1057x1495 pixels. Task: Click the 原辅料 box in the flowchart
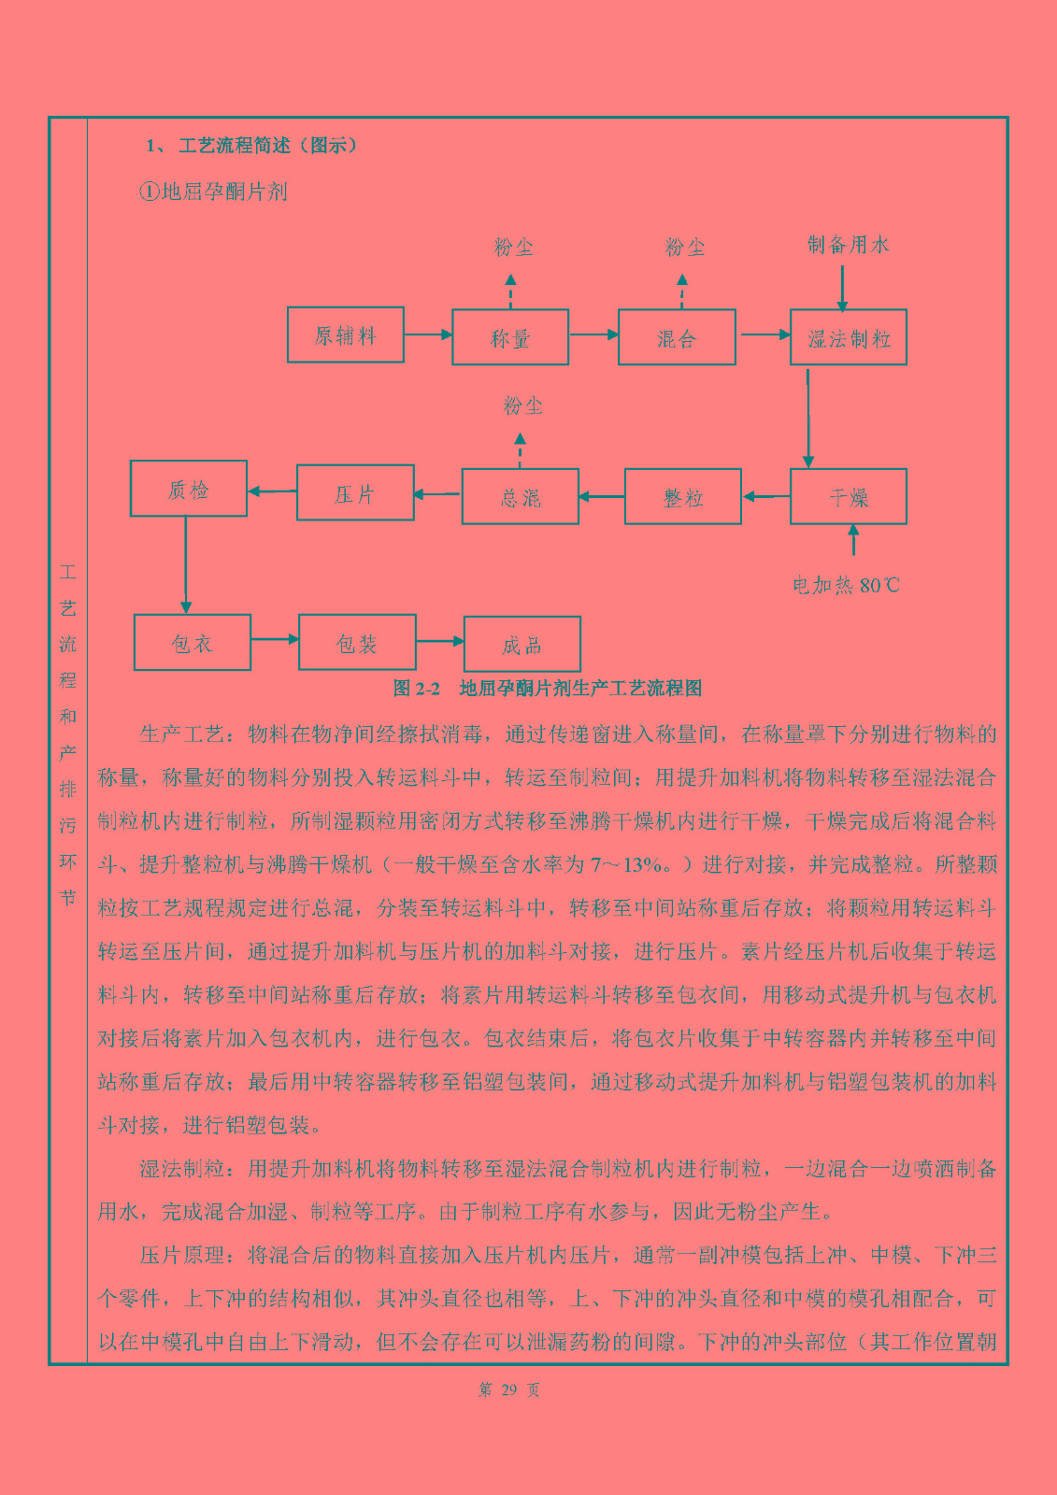[x=345, y=335]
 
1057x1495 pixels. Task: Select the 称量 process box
[x=510, y=337]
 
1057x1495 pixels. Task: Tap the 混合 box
[x=677, y=337]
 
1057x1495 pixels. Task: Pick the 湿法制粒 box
[x=848, y=337]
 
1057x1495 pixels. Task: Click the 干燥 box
[x=848, y=496]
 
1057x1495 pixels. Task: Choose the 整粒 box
[x=683, y=496]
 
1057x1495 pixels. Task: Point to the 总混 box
[x=521, y=496]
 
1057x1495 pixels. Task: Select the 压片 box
[x=355, y=492]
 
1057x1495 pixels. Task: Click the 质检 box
[x=188, y=489]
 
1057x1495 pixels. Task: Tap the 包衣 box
[x=193, y=643]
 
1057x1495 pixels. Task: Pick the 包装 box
[x=357, y=643]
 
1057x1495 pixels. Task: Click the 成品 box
[x=522, y=644]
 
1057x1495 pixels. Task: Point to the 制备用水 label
[x=848, y=245]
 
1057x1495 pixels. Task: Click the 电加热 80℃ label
[x=846, y=585]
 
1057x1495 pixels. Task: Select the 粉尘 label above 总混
[x=522, y=406]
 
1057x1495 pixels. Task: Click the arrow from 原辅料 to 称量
[x=428, y=335]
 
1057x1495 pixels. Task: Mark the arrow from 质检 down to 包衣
[x=186, y=565]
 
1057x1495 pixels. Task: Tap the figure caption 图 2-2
[x=416, y=688]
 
